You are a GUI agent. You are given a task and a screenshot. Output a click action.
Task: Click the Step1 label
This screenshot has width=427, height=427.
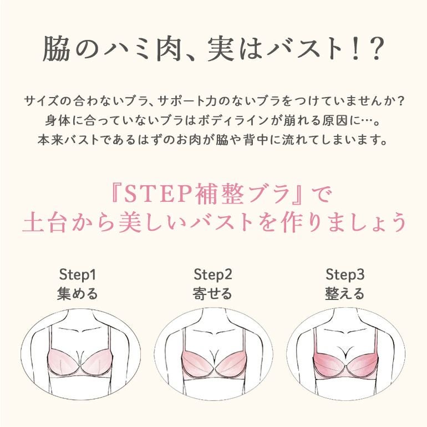point(77,274)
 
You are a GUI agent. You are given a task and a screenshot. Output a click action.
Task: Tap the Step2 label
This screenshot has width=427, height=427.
point(213,274)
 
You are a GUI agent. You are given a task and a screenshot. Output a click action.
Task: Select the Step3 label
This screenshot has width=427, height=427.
point(345,274)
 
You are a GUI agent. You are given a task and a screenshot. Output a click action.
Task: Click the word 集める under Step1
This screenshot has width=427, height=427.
point(77,294)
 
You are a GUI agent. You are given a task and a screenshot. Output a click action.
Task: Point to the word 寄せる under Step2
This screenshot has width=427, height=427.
point(212,294)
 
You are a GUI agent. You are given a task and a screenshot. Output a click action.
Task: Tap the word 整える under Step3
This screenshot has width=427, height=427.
point(345,294)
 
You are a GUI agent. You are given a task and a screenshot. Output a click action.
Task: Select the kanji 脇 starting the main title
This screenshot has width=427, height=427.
point(56,49)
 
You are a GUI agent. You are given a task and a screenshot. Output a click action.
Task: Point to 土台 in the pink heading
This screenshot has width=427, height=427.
point(45,222)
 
